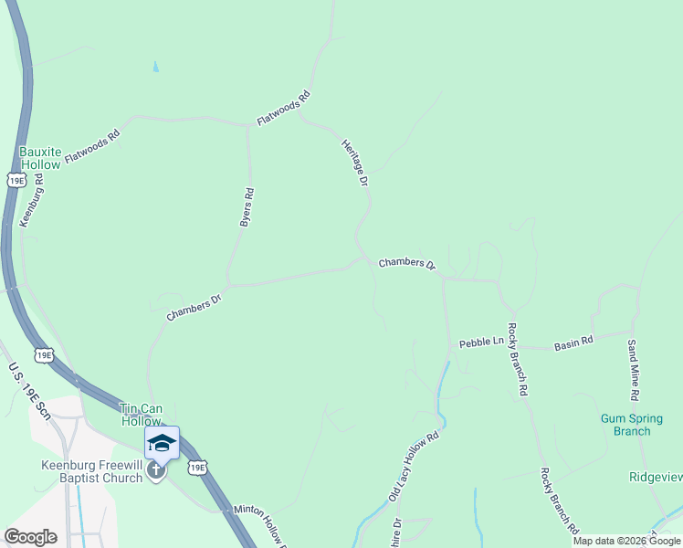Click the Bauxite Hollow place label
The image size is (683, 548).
(x=40, y=157)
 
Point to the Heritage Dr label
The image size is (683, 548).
(x=354, y=163)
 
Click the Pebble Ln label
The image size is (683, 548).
(x=480, y=341)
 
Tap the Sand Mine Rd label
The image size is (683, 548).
(x=632, y=370)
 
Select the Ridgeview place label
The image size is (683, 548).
(x=656, y=477)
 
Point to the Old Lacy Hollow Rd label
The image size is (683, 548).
(x=415, y=466)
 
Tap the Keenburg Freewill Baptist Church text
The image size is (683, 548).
(x=91, y=470)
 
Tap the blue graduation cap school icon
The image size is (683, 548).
(x=162, y=443)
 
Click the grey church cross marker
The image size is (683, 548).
(x=156, y=472)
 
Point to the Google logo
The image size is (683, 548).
(x=30, y=537)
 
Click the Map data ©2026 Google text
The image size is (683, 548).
(x=626, y=541)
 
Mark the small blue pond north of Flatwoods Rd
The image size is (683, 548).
(x=155, y=67)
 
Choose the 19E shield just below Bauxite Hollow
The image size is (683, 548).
(x=16, y=180)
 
